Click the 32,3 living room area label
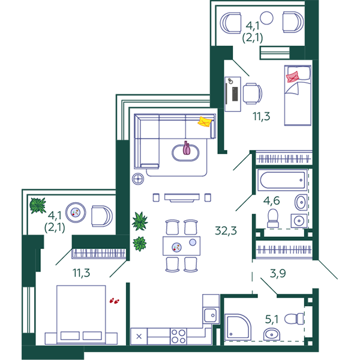coord(226,231)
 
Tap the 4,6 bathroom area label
coord(271,200)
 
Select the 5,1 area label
coord(272,319)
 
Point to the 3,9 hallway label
coord(278,273)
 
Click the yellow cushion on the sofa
coord(205,122)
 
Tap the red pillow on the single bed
coord(293,77)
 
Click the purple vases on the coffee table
coord(187,148)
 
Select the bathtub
coord(282,180)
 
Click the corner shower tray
coord(238,327)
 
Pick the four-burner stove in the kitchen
coord(178,337)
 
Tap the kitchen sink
coord(211,316)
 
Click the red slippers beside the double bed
coord(114,301)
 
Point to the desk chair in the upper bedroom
coord(253,94)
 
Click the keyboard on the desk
coord(235,94)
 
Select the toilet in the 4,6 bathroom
coord(273,218)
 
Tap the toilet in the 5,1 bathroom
coord(294,319)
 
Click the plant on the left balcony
coord(38,205)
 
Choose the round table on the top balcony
coord(266,18)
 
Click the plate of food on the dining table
coord(176,247)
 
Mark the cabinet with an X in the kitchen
coord(139,337)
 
